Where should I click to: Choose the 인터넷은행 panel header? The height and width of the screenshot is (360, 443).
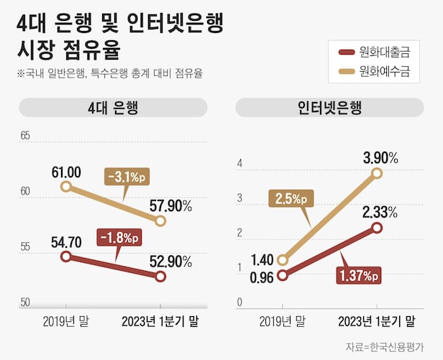329,109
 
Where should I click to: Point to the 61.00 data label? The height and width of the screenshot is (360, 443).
66,172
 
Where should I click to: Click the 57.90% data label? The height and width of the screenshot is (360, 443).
171,206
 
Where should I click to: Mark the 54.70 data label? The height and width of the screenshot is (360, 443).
66,242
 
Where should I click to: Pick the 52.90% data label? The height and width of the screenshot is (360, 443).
171,260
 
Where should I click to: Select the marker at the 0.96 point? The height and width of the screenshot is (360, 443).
283,275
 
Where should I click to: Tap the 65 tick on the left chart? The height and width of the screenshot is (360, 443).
26,136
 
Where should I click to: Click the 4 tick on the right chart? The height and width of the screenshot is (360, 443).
241,165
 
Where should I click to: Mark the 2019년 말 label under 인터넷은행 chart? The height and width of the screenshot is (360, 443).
282,321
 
